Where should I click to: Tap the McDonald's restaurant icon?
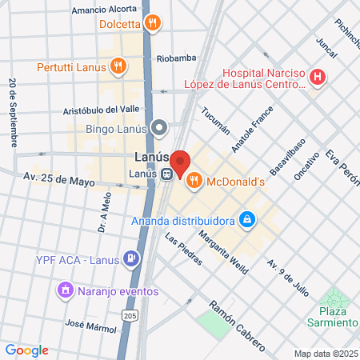pos(193,182)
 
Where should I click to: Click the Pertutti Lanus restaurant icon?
pos(118,66)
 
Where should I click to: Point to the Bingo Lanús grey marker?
pos(160,127)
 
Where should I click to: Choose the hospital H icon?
pos(318,78)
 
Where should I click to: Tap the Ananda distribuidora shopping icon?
pos(248,218)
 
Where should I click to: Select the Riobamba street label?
pos(176,58)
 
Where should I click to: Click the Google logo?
pos(26,350)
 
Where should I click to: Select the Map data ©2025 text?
pos(325,354)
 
